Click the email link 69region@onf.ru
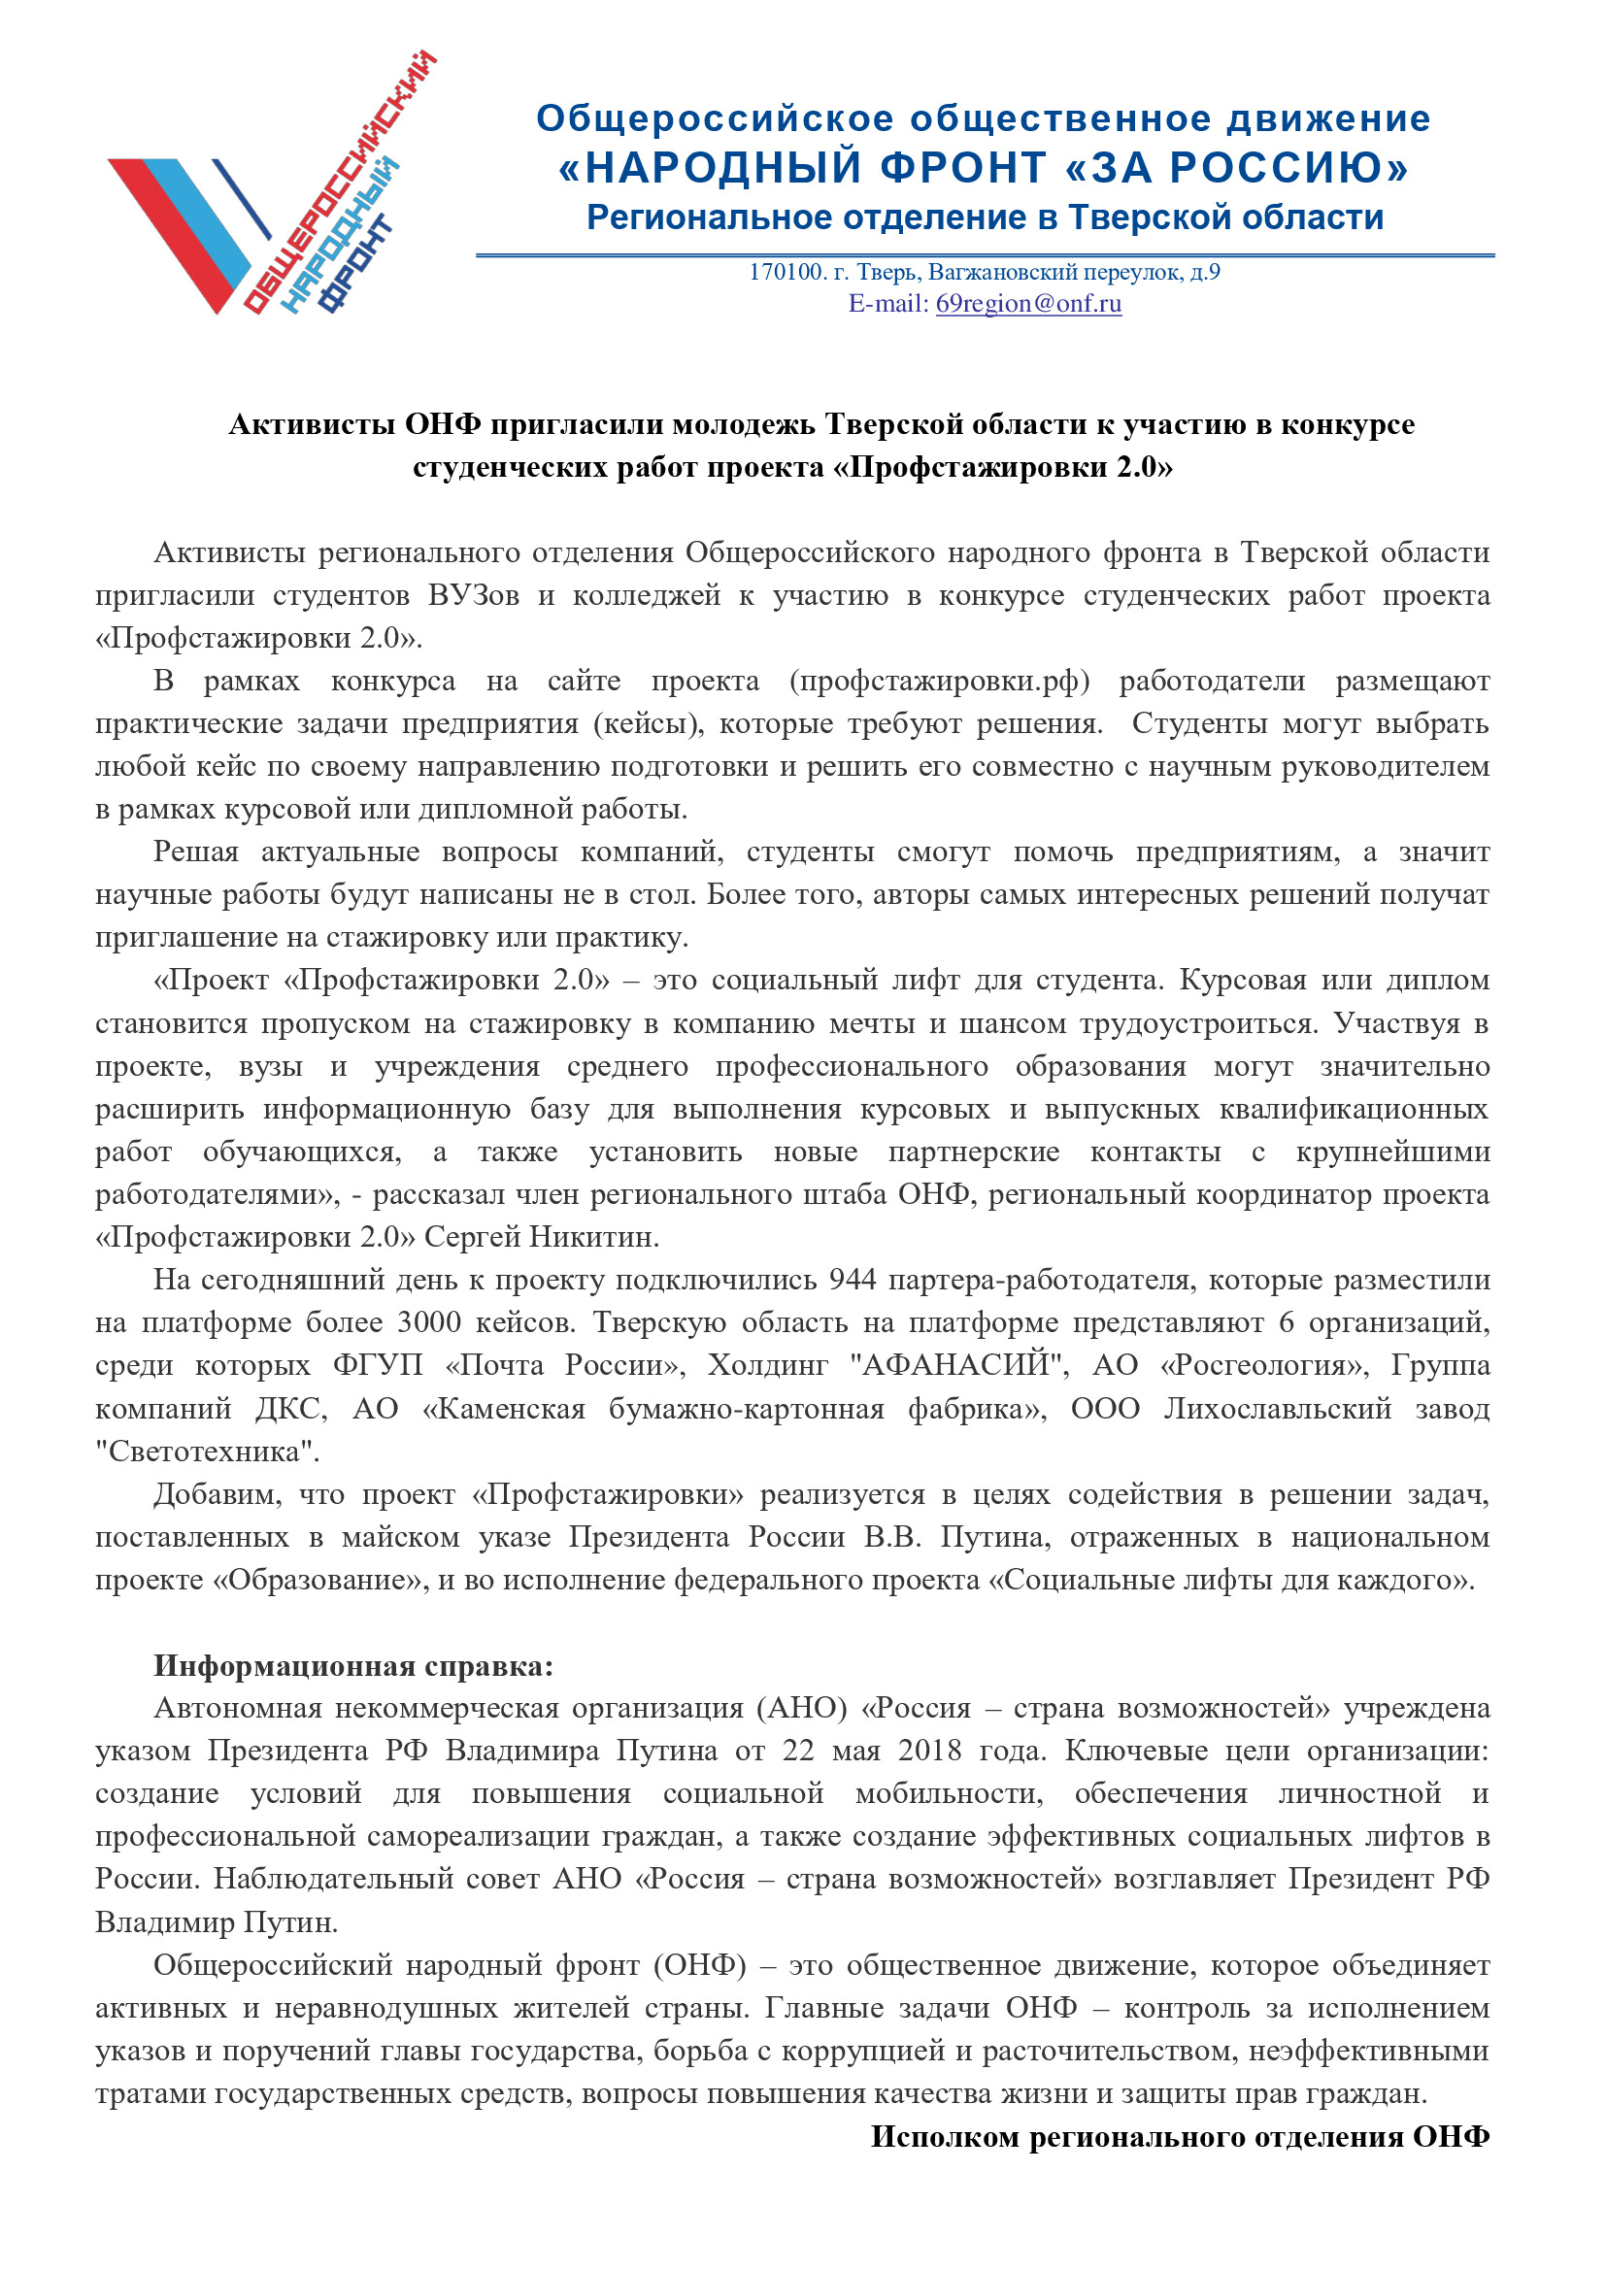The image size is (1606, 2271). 1028,304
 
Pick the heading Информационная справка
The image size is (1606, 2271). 353,1666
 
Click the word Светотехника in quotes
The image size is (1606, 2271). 208,1451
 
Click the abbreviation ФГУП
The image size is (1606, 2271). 377,1365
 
